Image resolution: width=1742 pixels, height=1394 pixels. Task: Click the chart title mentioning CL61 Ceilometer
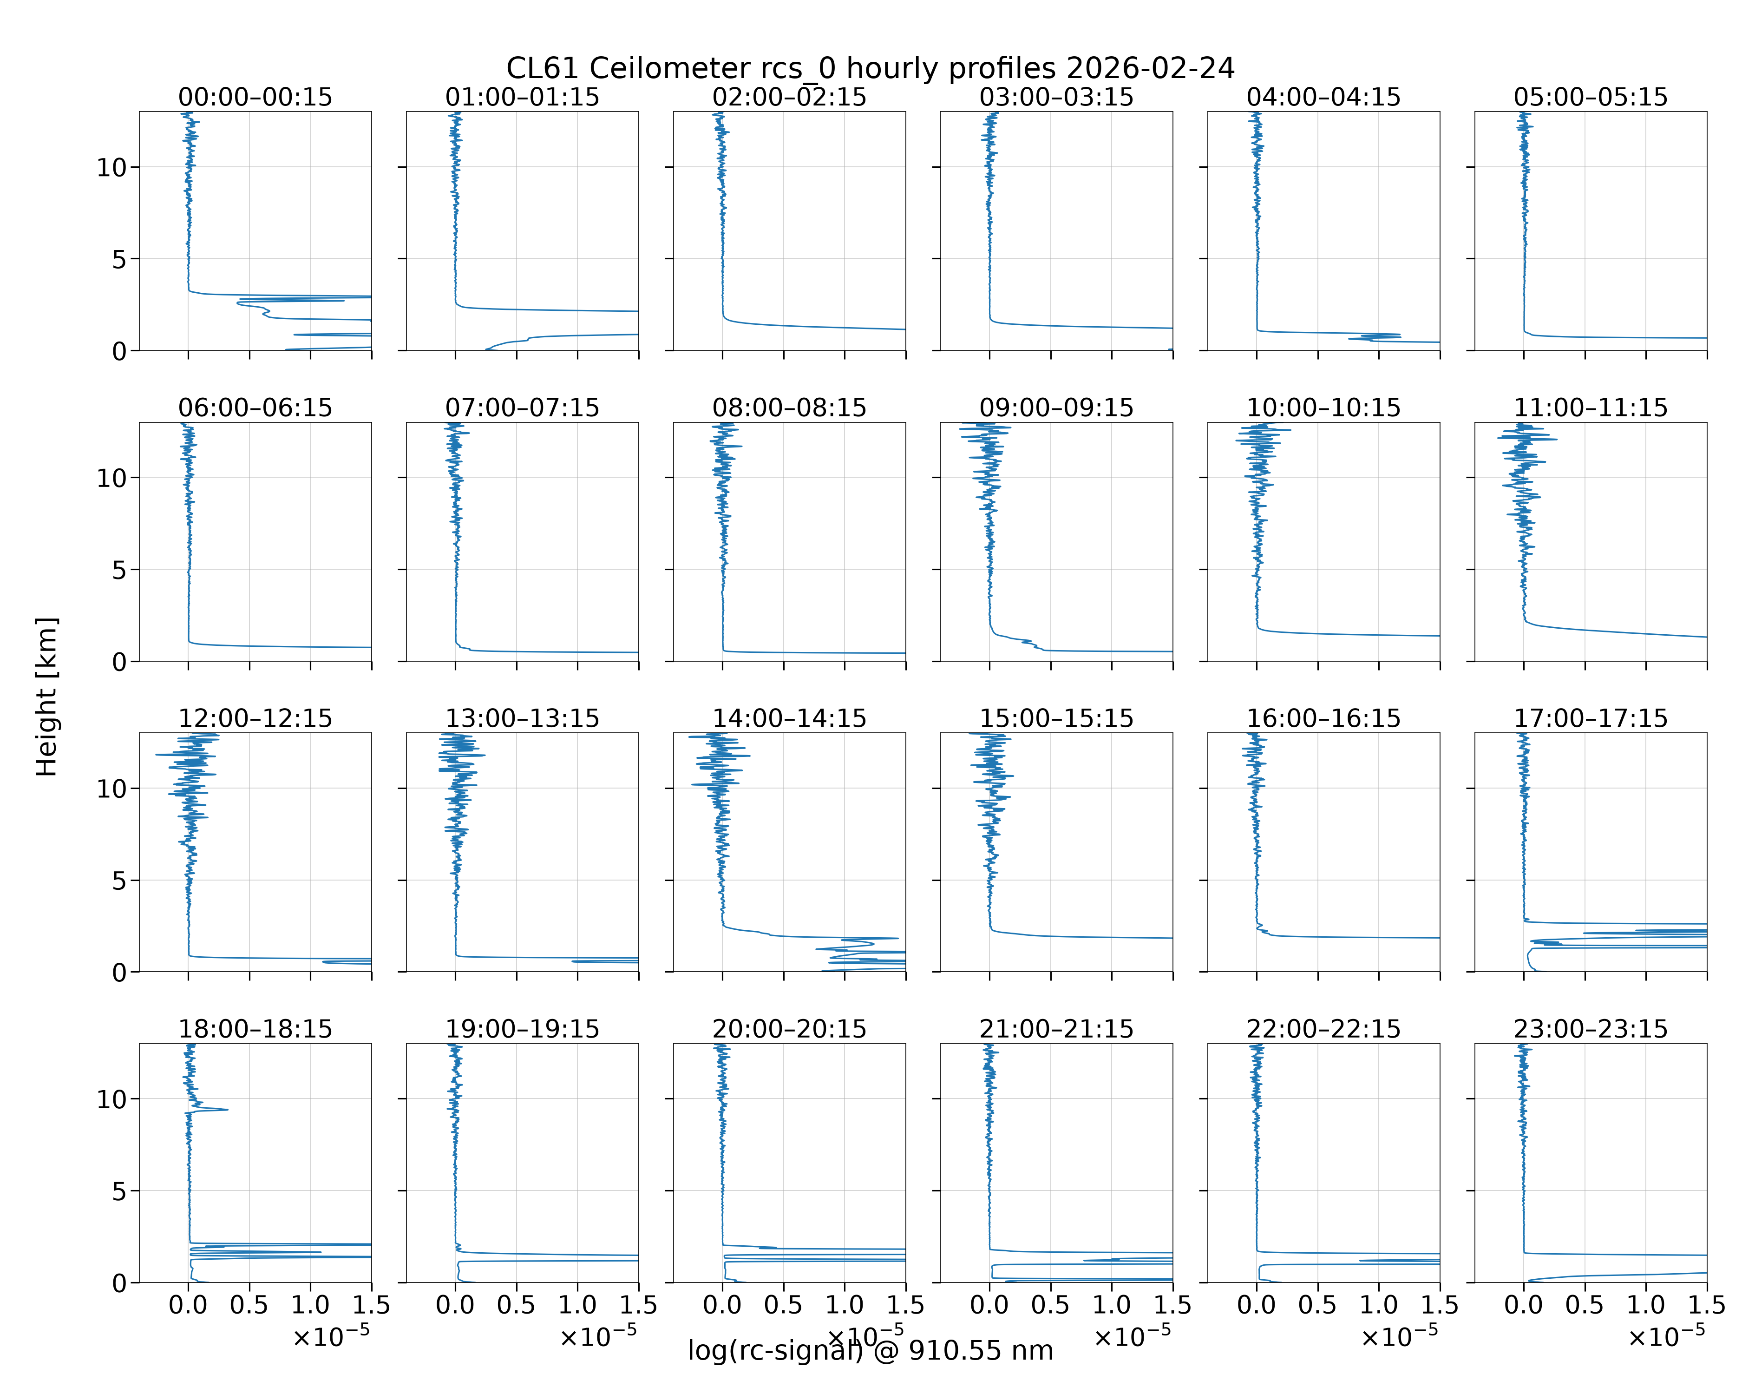[x=870, y=69]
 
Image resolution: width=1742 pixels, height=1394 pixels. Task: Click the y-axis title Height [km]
[x=47, y=697]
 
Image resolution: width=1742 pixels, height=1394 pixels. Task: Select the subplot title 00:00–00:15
[x=255, y=97]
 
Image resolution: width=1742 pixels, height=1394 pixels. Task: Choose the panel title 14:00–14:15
[x=789, y=718]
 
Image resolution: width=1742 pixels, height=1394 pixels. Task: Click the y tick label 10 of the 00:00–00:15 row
[x=111, y=168]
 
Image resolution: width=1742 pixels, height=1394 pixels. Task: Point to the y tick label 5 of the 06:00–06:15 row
[x=119, y=571]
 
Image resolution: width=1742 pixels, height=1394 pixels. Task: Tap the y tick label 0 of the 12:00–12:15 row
[x=119, y=973]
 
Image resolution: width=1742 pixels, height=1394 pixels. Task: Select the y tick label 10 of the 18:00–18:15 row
[x=111, y=1100]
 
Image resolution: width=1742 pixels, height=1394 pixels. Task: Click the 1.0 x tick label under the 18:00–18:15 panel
[x=310, y=1305]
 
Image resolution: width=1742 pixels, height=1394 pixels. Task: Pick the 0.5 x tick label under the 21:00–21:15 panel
[x=1050, y=1305]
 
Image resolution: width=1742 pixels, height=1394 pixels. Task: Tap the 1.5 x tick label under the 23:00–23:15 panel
[x=1706, y=1305]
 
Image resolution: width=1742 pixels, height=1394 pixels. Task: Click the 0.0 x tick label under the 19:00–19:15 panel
[x=455, y=1305]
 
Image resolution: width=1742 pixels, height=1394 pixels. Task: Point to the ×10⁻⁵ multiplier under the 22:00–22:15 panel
[x=1400, y=1336]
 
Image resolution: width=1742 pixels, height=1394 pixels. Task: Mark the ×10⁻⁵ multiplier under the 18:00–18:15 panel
[x=331, y=1336]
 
